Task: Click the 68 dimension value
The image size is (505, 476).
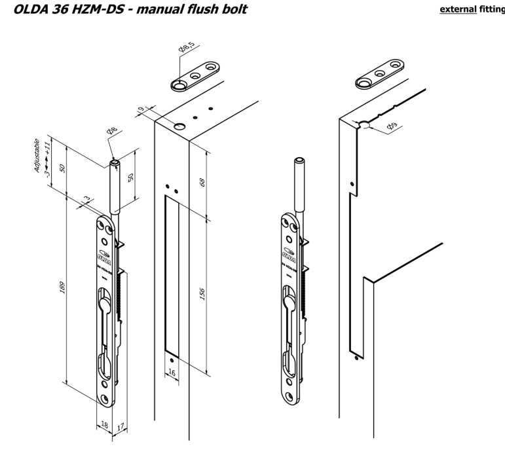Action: [x=202, y=182]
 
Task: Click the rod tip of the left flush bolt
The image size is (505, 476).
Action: [x=115, y=162]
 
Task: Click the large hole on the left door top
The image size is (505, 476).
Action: [x=179, y=124]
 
